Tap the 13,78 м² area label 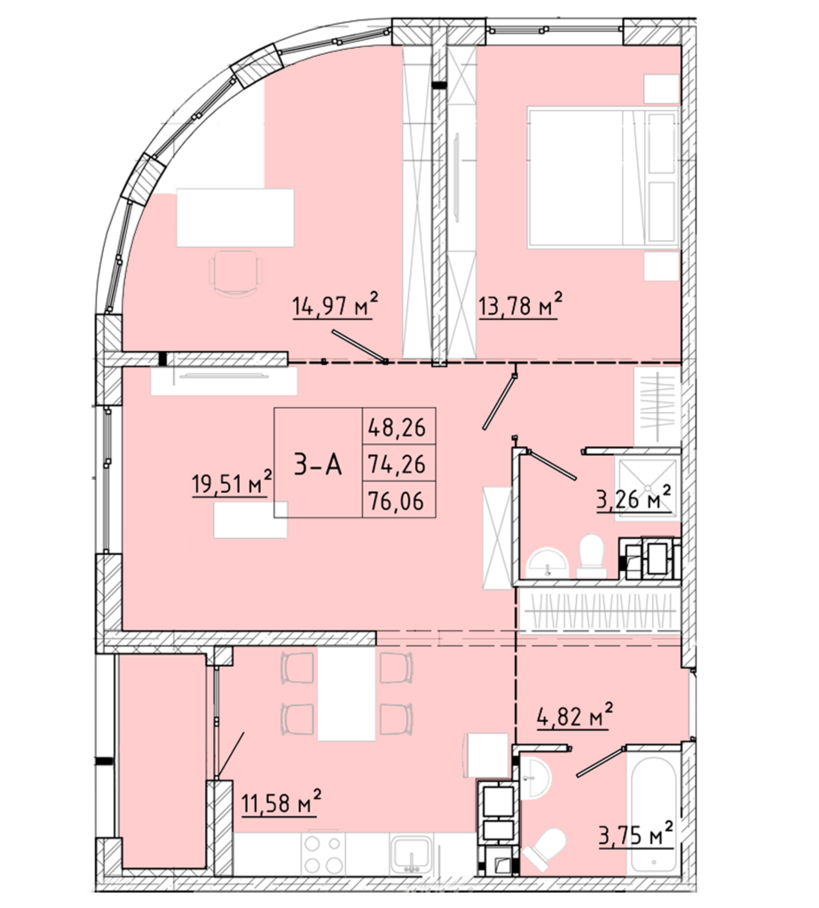[x=520, y=305]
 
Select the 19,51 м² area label [x=232, y=481]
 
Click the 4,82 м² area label [x=572, y=716]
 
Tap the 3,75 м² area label [x=635, y=835]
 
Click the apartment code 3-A [x=318, y=465]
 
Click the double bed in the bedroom [x=602, y=177]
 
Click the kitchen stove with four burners [x=322, y=854]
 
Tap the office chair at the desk [x=235, y=273]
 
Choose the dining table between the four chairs [x=346, y=693]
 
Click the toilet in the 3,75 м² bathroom [x=545, y=849]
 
